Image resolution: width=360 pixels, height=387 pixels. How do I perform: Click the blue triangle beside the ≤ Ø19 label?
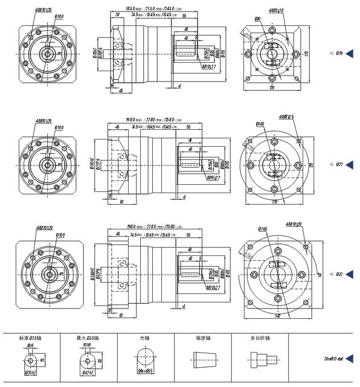coord(349,54)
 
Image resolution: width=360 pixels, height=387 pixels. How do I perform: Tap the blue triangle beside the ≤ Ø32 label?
coord(349,274)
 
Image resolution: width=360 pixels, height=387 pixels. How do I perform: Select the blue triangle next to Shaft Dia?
coord(349,359)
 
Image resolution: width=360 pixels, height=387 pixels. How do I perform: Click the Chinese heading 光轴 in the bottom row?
coord(146,338)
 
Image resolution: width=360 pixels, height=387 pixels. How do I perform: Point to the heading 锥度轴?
coord(202,338)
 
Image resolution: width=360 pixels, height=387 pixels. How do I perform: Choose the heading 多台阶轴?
coord(259,338)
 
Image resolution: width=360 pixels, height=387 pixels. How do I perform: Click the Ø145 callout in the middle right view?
coord(260,124)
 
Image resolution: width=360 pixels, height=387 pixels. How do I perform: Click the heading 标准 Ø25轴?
coord(30,338)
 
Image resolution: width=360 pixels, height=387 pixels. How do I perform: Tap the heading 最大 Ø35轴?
coord(88,338)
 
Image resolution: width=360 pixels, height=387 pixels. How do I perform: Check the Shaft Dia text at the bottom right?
coord(333,359)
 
